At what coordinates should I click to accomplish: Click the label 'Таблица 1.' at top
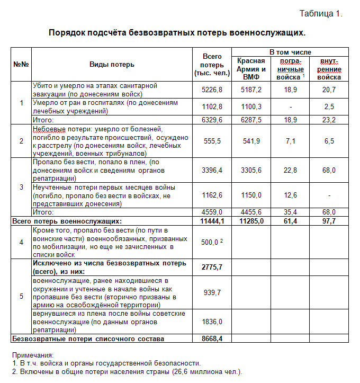[x=321, y=14]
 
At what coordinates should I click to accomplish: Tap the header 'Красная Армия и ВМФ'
[x=251, y=69]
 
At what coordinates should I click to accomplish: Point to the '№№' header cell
[x=21, y=65]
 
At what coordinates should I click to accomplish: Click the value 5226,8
[x=212, y=90]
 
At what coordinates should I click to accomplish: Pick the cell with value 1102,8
[x=212, y=106]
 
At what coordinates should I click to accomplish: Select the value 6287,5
[x=251, y=120]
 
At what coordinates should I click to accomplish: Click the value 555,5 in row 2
[x=212, y=141]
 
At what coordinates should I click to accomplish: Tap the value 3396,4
[x=212, y=170]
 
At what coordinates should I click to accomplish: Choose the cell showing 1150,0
[x=251, y=195]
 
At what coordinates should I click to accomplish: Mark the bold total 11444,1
[x=212, y=221]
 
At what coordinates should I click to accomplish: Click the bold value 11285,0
[x=251, y=221]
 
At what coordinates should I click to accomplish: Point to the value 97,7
[x=329, y=221]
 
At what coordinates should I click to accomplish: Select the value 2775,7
[x=212, y=268]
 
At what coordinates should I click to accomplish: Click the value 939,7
[x=212, y=292]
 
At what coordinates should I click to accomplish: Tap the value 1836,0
[x=212, y=322]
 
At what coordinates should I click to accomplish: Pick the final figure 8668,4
[x=212, y=339]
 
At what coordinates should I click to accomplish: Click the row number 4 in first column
[x=21, y=242]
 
